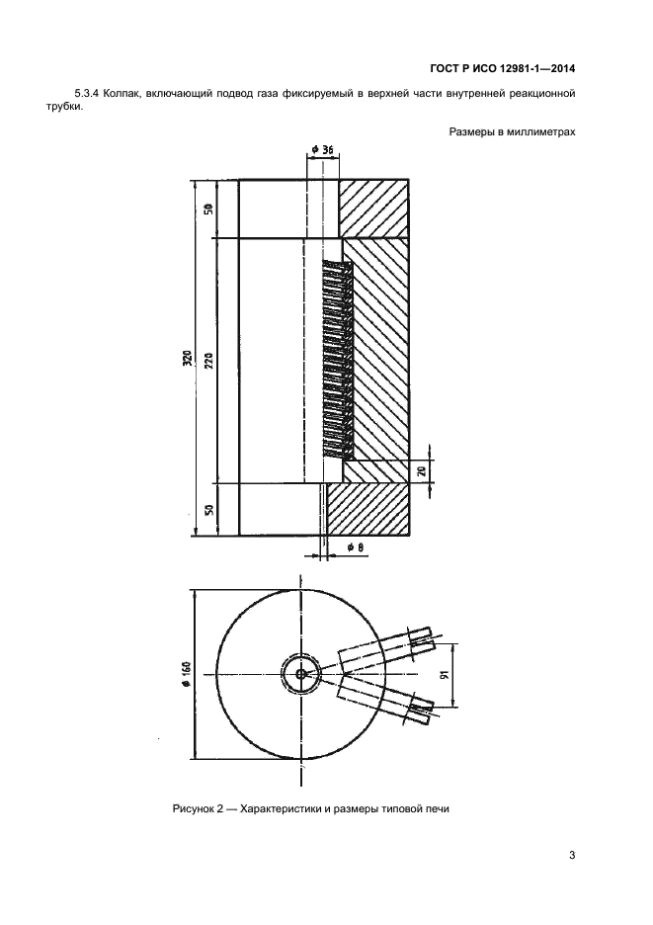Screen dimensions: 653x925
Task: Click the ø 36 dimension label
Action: pos(323,150)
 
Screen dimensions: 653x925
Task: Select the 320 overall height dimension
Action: pos(188,357)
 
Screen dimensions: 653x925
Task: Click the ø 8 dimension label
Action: pos(355,548)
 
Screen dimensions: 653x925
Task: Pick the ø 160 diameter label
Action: pos(187,674)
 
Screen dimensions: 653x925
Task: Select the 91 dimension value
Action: pos(448,674)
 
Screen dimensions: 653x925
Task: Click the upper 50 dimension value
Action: pos(210,209)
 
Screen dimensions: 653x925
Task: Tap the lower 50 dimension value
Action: pos(210,510)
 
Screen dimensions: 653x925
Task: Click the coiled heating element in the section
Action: pos(337,361)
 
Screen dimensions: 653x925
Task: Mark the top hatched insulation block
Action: pos(374,209)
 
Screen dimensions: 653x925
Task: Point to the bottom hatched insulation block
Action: pos(368,510)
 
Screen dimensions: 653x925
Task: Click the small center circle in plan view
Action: pos(301,674)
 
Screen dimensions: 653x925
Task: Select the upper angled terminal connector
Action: pos(388,647)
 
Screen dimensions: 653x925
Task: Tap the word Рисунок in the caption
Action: pos(192,808)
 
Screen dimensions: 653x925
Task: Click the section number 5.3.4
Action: pos(85,93)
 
